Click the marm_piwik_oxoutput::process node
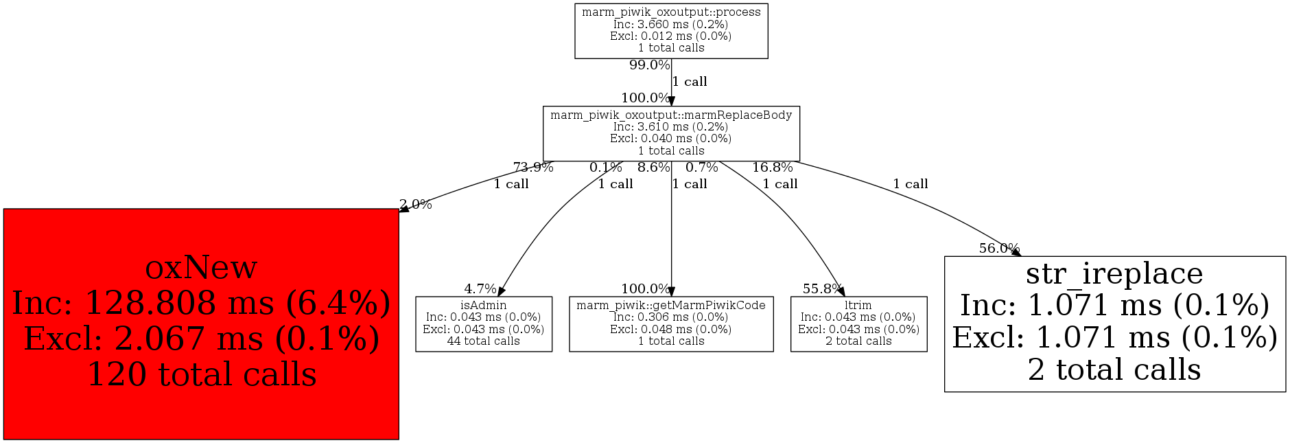[671, 31]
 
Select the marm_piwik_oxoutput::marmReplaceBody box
[671, 133]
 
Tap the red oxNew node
[201, 323]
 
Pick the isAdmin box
[484, 323]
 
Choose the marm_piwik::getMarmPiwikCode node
[671, 323]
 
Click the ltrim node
[858, 323]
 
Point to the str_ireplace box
[1114, 323]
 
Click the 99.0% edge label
[649, 65]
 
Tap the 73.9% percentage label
[533, 168]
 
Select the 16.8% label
[772, 168]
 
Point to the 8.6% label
[653, 168]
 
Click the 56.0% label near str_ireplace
[999, 249]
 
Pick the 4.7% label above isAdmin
[480, 289]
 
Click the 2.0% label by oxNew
[416, 205]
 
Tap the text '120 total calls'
[202, 374]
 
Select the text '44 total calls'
[484, 341]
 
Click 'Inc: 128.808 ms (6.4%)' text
[202, 303]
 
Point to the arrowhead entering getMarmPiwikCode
[671, 291]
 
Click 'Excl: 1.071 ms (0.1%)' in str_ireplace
[1114, 337]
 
